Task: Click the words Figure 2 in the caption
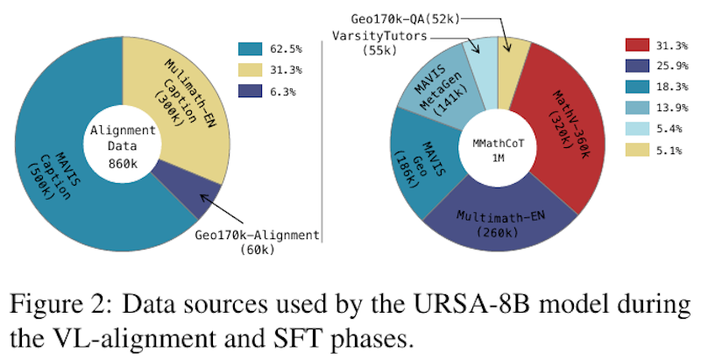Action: (x=52, y=306)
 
